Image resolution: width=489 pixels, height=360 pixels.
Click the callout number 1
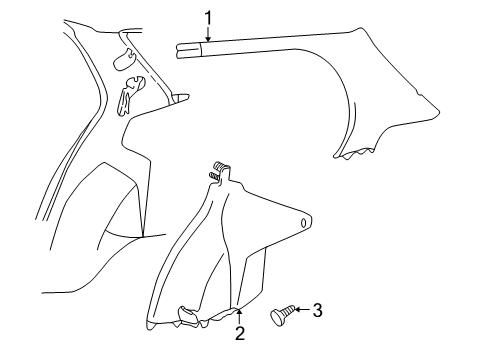pyautogui.click(x=208, y=16)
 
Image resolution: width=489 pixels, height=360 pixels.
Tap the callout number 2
pyautogui.click(x=240, y=334)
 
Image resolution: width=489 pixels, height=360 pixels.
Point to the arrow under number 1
pyautogui.click(x=208, y=33)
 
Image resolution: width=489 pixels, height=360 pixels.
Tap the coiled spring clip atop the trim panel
pyautogui.click(x=217, y=171)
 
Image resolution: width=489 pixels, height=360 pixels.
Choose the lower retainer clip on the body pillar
pyautogui.click(x=128, y=97)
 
